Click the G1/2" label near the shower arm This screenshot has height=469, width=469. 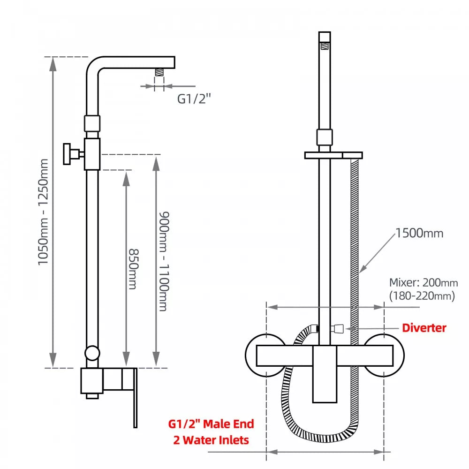pyautogui.click(x=194, y=99)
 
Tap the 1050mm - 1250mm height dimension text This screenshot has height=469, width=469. pyautogui.click(x=43, y=212)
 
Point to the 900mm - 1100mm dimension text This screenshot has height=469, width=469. pyautogui.click(x=163, y=261)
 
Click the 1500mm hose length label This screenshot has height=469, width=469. pyautogui.click(x=419, y=233)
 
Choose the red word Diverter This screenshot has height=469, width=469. pyautogui.click(x=424, y=328)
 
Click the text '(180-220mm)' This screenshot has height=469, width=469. pyautogui.click(x=422, y=296)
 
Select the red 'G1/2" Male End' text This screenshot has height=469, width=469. pyautogui.click(x=211, y=424)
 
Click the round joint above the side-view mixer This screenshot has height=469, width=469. pyautogui.click(x=92, y=354)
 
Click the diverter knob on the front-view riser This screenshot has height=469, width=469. pyautogui.click(x=338, y=328)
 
